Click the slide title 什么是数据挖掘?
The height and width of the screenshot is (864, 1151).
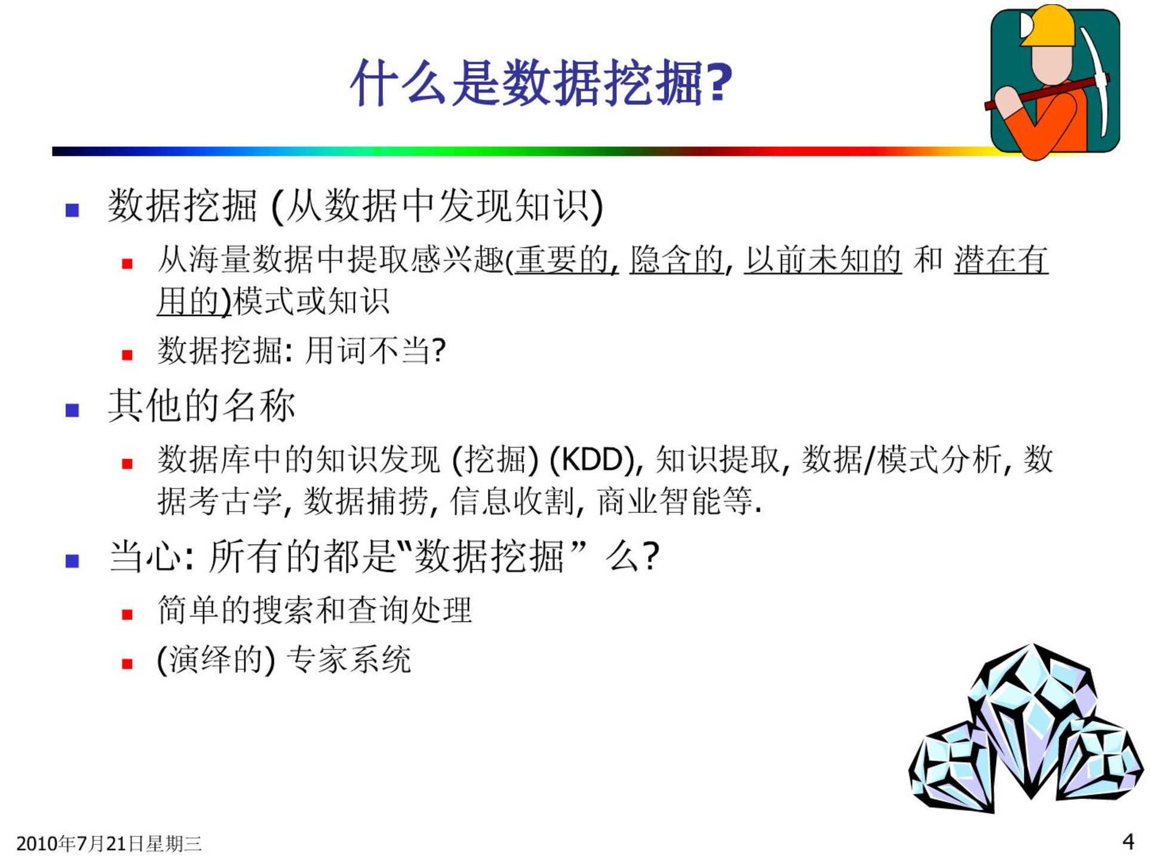click(x=541, y=82)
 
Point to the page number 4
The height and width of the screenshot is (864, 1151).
click(x=1128, y=841)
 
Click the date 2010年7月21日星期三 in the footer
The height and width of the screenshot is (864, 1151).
click(x=109, y=843)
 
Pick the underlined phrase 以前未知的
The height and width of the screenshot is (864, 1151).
click(x=822, y=260)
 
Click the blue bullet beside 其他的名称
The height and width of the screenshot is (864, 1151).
click(x=72, y=410)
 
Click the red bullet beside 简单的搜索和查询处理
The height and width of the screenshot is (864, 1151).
click(x=127, y=614)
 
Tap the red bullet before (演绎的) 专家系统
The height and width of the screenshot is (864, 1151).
click(x=127, y=663)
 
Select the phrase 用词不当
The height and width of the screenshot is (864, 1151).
click(x=367, y=350)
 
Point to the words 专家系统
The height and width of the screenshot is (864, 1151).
click(x=349, y=660)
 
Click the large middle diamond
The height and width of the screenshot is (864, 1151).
click(x=1032, y=720)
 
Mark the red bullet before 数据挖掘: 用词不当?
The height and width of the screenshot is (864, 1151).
click(x=127, y=355)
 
